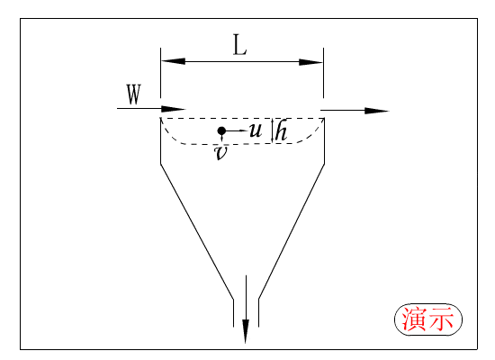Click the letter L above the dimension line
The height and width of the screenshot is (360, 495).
pos(239,45)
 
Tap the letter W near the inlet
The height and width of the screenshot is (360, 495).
pos(133,94)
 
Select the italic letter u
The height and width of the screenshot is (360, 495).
pos(256,130)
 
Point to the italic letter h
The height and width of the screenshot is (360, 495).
pos(281,130)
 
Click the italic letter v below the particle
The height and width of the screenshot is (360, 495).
pos(220,153)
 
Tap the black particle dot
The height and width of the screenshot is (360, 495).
pos(221,130)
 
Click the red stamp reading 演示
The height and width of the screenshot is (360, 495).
pos(428,319)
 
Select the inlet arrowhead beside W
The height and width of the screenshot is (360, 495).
pos(174,109)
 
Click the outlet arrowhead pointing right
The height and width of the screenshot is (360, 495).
pos(376,111)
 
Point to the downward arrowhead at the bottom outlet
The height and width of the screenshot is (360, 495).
pos(246,331)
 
